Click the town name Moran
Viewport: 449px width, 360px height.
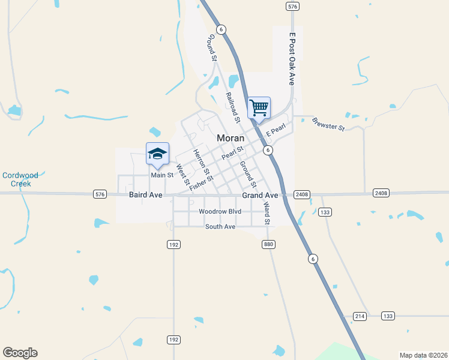tap(230, 137)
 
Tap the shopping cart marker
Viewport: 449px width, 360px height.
tap(259, 108)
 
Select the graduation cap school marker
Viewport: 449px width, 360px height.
tap(157, 154)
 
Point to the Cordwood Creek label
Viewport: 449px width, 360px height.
tap(20, 179)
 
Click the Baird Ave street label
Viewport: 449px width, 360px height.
tap(146, 195)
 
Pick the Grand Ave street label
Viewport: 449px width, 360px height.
tap(260, 196)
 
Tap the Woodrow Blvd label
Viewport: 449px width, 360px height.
tap(220, 212)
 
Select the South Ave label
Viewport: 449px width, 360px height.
tap(220, 227)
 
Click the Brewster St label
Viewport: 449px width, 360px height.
tap(328, 124)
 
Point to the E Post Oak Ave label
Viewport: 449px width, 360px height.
tap(292, 59)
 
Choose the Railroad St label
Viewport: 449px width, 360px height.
tap(232, 107)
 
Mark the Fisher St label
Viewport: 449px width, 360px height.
tap(202, 183)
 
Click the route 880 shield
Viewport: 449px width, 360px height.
tap(268, 244)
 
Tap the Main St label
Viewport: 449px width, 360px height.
tap(162, 175)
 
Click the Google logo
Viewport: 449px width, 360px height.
tap(20, 353)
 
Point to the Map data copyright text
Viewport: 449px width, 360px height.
tap(423, 355)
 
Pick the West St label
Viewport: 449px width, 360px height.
tap(182, 174)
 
